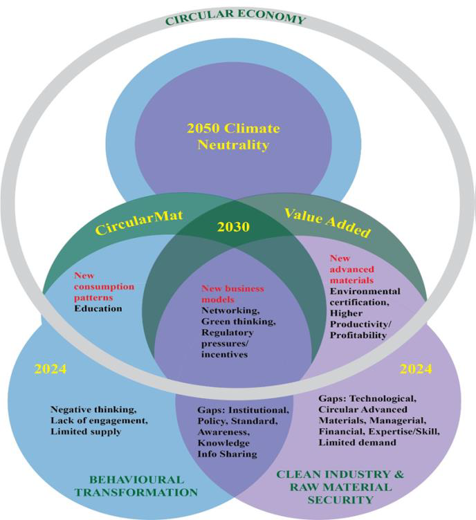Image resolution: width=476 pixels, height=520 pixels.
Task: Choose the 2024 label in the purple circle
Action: (x=416, y=369)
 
